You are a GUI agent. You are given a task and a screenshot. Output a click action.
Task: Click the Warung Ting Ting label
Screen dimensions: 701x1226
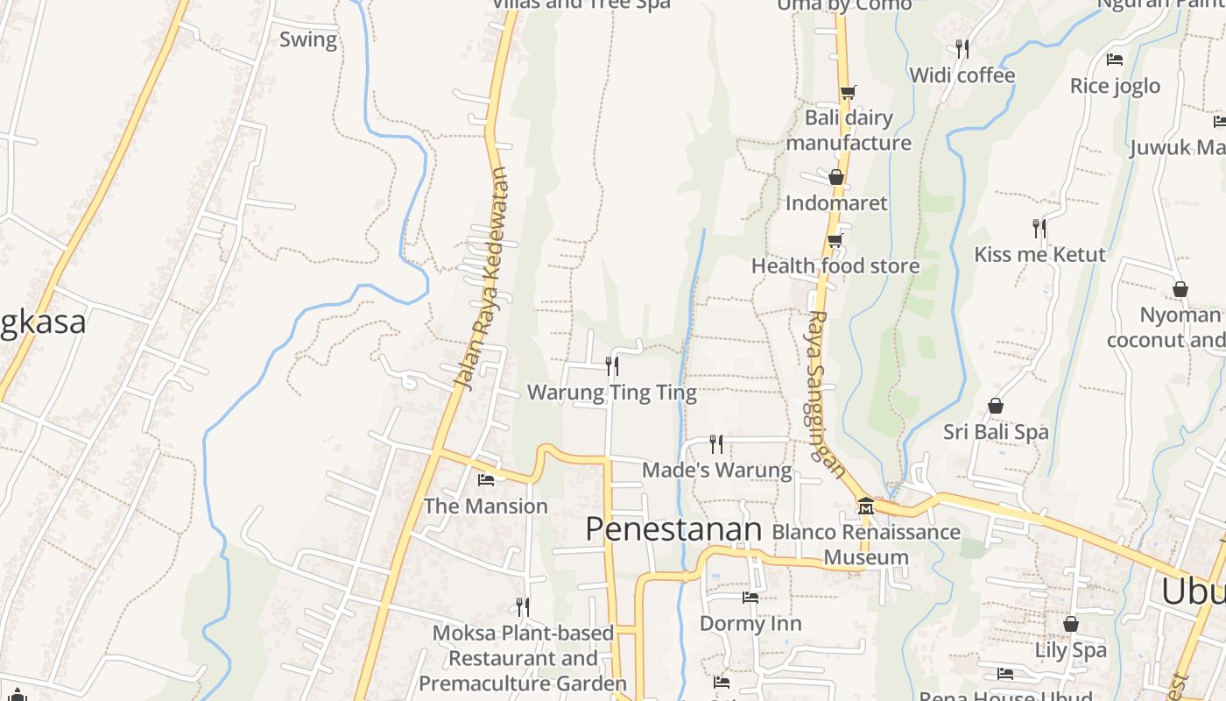pos(611,393)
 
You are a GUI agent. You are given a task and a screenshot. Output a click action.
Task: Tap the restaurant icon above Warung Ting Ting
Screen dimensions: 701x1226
pos(612,365)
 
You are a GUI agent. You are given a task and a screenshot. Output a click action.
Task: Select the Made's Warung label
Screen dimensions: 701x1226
pos(716,471)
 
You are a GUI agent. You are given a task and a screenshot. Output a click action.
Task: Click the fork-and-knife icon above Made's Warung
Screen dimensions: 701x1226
pos(716,443)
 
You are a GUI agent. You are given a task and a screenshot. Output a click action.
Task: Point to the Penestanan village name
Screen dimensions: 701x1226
pos(673,529)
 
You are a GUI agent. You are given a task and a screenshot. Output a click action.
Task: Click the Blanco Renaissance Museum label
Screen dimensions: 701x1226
pos(865,544)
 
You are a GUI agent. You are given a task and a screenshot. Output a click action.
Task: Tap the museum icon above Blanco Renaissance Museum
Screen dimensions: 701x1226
pos(866,506)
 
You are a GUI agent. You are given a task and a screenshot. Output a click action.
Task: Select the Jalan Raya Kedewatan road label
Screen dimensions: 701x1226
pos(482,278)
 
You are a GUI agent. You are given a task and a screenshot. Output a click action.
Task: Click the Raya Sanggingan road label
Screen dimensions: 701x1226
pos(826,394)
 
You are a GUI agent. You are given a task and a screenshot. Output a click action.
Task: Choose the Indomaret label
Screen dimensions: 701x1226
pos(836,203)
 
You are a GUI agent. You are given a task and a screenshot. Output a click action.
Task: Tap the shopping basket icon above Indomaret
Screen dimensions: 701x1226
pos(836,177)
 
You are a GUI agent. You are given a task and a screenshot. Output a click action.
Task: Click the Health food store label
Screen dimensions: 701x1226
pos(835,266)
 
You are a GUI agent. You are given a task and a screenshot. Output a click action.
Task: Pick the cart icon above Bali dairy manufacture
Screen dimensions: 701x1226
pos(847,92)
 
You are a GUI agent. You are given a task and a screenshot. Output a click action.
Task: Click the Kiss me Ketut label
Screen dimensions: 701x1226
pos(1039,254)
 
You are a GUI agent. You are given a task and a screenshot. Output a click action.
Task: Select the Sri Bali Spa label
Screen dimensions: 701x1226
pos(996,432)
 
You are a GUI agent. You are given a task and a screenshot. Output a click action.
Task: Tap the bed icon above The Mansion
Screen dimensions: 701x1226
pos(486,479)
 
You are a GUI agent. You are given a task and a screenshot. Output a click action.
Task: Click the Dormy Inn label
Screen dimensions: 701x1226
pos(750,624)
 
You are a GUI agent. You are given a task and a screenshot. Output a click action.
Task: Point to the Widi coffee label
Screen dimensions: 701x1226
pos(962,75)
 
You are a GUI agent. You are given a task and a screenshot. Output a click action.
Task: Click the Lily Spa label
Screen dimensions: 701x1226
pos(1070,650)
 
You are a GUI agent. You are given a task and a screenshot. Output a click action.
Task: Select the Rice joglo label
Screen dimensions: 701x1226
pos(1115,86)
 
